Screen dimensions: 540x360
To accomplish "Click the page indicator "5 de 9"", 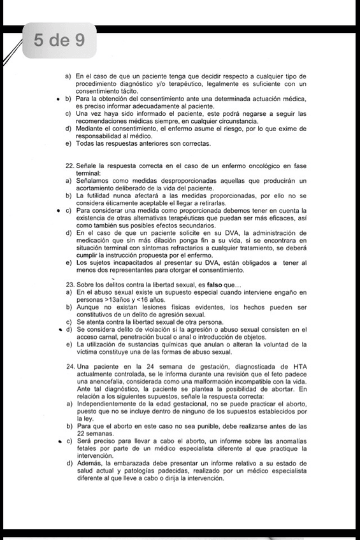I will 60,41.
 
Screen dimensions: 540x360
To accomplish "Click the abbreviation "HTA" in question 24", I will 298,367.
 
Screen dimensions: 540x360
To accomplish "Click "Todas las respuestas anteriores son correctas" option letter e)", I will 68,144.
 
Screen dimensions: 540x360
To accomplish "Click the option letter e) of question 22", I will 68,262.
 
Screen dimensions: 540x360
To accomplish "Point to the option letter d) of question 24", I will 68,463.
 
